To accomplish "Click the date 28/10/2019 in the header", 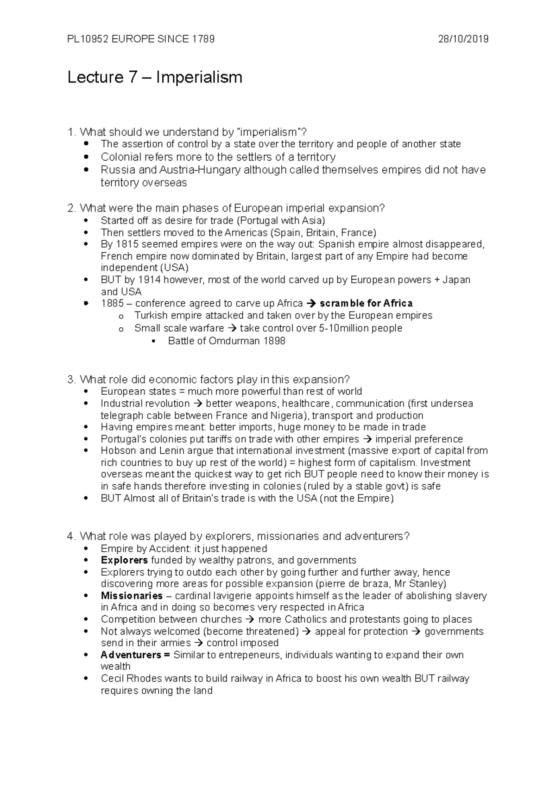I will pyautogui.click(x=463, y=39).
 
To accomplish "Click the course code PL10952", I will pyautogui.click(x=88, y=39).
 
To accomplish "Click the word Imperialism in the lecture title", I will pyautogui.click(x=199, y=77).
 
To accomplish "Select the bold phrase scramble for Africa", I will pyautogui.click(x=366, y=304).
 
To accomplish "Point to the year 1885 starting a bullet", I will pyautogui.click(x=112, y=304).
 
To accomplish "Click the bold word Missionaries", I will pyautogui.click(x=132, y=596).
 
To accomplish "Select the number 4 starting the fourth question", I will pyautogui.click(x=70, y=536).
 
